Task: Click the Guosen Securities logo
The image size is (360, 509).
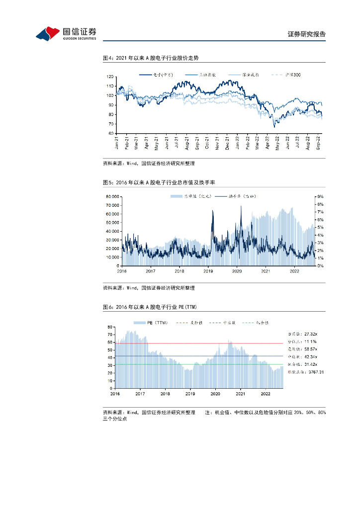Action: tap(66, 33)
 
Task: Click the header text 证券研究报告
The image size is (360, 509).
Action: tap(307, 34)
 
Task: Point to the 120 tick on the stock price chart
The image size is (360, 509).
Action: tap(110, 77)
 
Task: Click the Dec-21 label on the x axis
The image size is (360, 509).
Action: tap(227, 143)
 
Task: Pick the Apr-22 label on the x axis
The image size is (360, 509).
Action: tap(268, 143)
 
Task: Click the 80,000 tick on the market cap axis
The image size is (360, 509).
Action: tap(111, 197)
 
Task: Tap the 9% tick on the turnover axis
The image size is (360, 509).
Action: tap(321, 197)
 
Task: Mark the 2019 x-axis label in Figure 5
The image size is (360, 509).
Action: tap(208, 271)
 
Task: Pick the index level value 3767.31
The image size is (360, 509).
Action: tap(314, 371)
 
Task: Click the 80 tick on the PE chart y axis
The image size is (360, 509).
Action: tap(110, 327)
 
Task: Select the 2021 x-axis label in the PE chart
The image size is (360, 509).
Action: tap(240, 393)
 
